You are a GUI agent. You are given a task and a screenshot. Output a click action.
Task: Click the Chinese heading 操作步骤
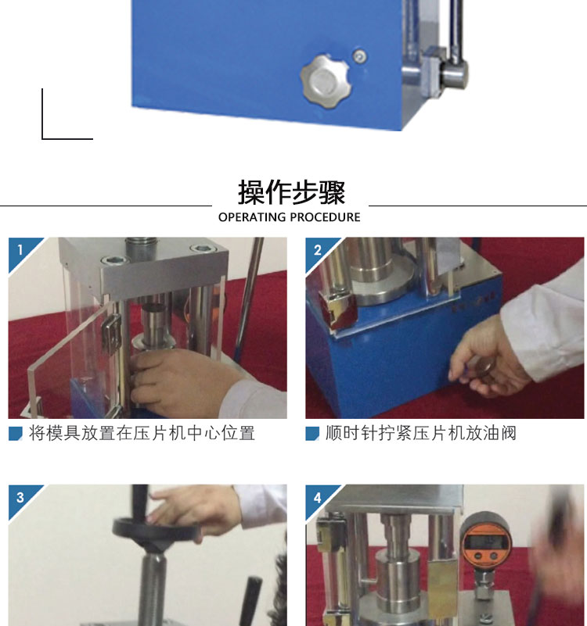291,192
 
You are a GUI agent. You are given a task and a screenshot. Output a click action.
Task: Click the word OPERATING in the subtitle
252,217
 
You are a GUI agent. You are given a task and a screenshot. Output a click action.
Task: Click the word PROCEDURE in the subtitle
325,217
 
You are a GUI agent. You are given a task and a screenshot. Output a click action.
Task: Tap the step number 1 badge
20,250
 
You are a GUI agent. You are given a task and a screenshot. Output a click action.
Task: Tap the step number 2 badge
317,250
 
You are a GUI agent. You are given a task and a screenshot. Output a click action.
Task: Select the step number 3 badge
20,498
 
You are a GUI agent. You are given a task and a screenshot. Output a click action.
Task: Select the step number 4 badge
317,498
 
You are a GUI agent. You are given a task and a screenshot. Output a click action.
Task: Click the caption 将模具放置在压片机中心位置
142,433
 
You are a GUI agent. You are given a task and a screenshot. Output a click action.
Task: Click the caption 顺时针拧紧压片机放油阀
421,433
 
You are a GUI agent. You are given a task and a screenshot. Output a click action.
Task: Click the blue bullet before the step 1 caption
16,434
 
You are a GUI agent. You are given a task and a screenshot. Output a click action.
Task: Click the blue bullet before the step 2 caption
312,434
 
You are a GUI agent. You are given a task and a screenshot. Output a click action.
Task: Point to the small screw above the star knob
360,56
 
